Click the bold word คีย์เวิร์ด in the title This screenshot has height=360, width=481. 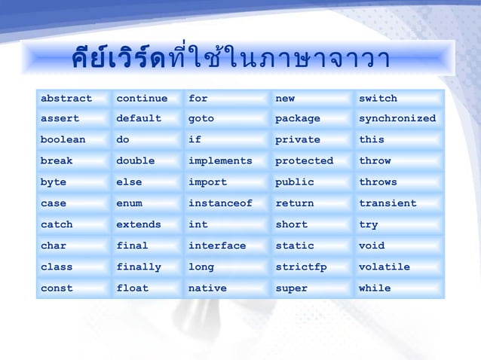click(119, 58)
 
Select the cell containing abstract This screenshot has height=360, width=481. click(66, 99)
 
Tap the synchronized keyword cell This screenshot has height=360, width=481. click(397, 119)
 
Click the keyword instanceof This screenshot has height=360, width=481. click(220, 203)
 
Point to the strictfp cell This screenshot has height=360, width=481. click(301, 267)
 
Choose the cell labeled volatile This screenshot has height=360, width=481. click(384, 267)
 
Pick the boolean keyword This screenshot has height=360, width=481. click(63, 140)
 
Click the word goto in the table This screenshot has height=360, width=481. click(201, 119)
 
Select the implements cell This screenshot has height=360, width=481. click(220, 161)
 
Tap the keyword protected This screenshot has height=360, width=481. click(304, 161)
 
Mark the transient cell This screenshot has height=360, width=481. click(388, 203)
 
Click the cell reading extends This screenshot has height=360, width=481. click(139, 224)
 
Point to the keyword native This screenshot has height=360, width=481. click(207, 288)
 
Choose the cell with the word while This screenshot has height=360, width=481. click(375, 288)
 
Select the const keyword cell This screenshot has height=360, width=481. click(57, 288)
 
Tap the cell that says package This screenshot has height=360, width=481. click(298, 119)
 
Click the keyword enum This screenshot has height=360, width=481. click(129, 203)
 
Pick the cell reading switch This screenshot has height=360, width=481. click(378, 99)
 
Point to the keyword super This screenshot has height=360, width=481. click(291, 288)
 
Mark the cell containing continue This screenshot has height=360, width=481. click(142, 99)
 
